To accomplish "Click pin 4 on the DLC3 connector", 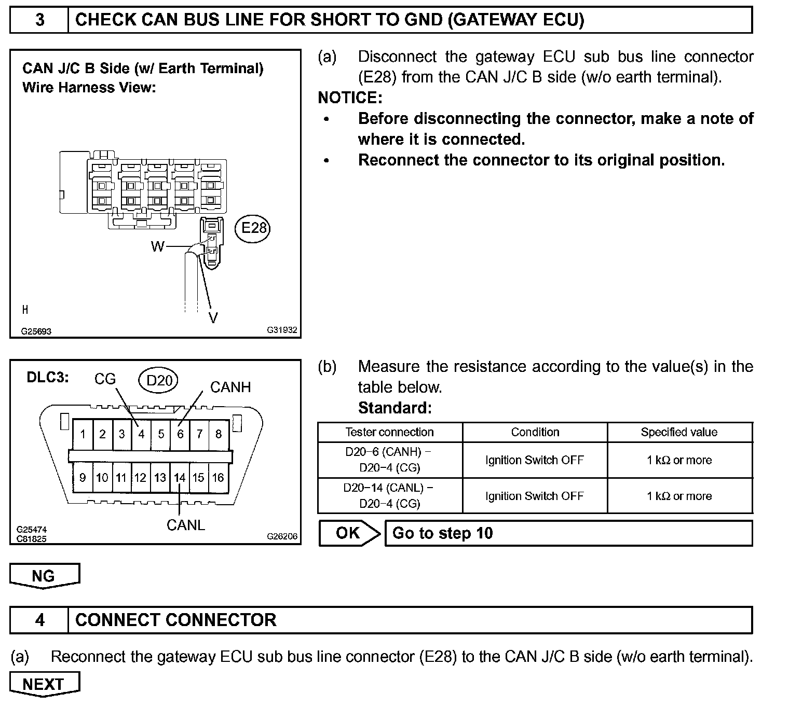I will (x=141, y=434).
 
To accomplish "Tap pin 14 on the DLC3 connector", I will (x=180, y=477).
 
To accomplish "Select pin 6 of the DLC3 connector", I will (x=180, y=434).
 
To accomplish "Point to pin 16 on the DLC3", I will (x=218, y=477).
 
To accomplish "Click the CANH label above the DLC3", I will (x=230, y=387).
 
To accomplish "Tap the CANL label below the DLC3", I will (x=185, y=525).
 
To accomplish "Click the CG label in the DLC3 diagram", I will (x=105, y=379).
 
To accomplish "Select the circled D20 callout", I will (x=159, y=381).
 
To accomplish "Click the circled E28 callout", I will (x=253, y=228).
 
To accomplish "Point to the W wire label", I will (x=157, y=246).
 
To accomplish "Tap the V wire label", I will (x=213, y=317).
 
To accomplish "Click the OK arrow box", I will (x=348, y=533).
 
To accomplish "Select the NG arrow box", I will (x=44, y=576).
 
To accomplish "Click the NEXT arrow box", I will (x=44, y=684).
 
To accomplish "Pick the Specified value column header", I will (x=679, y=432).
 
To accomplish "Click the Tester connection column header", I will (x=389, y=432).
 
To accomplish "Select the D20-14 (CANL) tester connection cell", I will (x=389, y=495).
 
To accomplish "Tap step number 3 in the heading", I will (x=39, y=20).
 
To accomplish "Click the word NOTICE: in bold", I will (x=350, y=98).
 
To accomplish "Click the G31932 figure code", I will (x=282, y=329).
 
